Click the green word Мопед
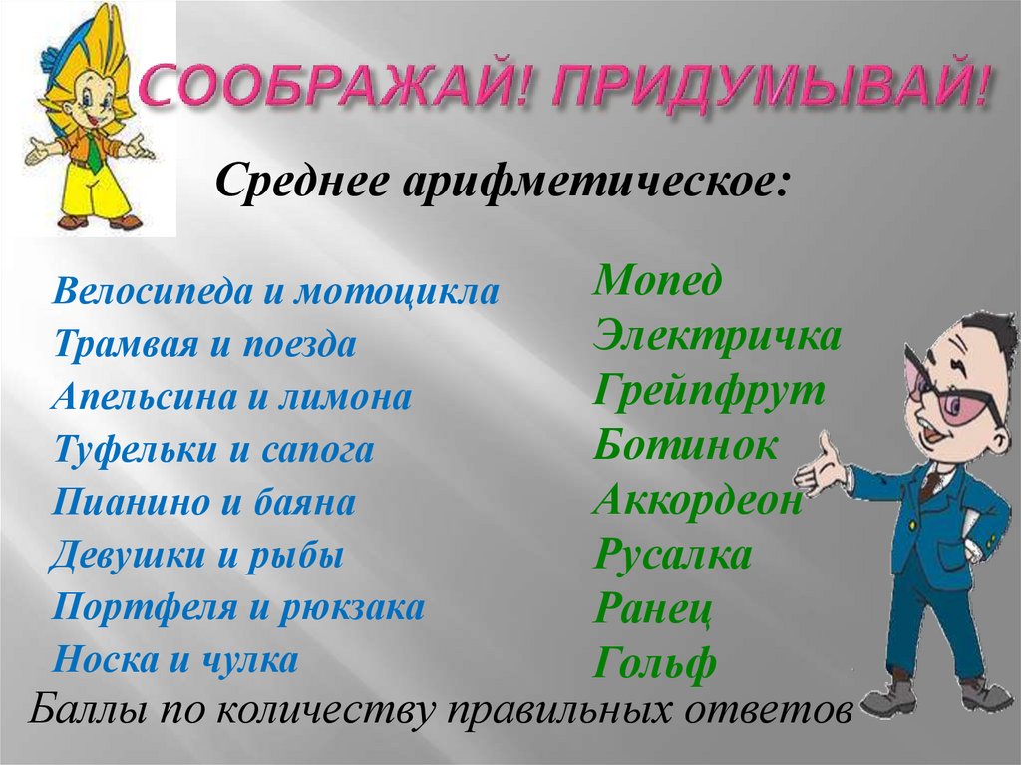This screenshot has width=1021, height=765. [x=657, y=283]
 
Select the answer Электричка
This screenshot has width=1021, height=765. [x=717, y=336]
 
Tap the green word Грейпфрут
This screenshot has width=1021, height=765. [x=709, y=391]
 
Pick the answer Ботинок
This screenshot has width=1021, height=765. [x=685, y=445]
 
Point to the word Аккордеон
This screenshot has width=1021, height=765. [x=697, y=500]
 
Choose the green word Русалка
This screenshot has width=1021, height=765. [x=672, y=555]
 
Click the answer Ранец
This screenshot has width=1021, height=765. [x=652, y=608]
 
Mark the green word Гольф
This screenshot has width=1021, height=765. [x=655, y=663]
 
